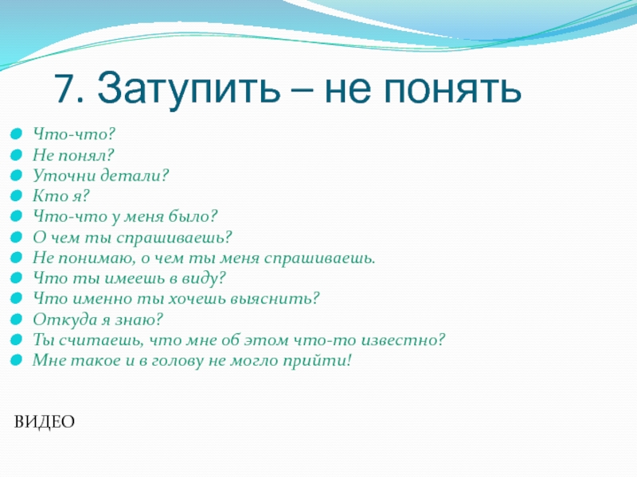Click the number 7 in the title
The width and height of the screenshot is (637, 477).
(x=64, y=87)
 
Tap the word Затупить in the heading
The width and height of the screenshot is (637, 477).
(x=189, y=90)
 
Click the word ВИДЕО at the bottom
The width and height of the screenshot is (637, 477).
(x=45, y=422)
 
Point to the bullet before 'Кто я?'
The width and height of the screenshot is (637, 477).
(x=16, y=196)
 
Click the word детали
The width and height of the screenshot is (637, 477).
(x=134, y=176)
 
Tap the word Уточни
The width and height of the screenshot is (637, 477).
(x=64, y=176)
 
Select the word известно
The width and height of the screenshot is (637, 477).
(x=403, y=340)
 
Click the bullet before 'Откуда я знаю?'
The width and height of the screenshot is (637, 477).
(x=16, y=320)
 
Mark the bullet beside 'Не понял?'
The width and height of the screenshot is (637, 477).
(x=16, y=154)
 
